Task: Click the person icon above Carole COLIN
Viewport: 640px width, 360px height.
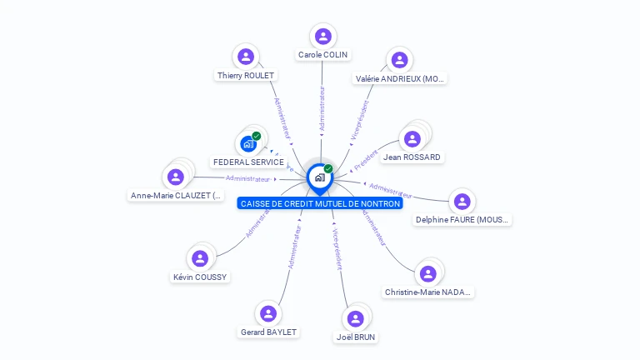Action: click(x=323, y=37)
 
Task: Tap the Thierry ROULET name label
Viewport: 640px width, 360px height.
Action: click(x=246, y=75)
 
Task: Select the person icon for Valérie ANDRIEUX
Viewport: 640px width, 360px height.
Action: click(x=399, y=60)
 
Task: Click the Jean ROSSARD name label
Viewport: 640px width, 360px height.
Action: click(x=412, y=157)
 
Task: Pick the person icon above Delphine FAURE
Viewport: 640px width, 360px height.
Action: click(x=462, y=202)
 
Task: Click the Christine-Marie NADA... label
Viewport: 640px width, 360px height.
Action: click(x=428, y=292)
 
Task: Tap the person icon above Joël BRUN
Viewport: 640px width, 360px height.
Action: click(x=356, y=319)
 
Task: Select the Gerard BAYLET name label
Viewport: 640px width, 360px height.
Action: click(x=268, y=332)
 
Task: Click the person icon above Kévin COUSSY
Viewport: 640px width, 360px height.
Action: click(x=199, y=258)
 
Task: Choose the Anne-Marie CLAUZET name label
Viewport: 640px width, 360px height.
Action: click(x=176, y=196)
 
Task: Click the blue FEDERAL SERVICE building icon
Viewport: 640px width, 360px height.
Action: click(x=248, y=143)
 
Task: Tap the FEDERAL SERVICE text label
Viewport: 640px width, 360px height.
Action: click(x=248, y=162)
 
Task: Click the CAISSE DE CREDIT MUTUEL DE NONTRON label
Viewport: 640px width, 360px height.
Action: click(x=320, y=203)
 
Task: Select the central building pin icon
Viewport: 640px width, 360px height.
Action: click(x=319, y=177)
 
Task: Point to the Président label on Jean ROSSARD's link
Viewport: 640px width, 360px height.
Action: click(x=367, y=159)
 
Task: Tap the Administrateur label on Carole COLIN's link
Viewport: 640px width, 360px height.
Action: click(x=322, y=108)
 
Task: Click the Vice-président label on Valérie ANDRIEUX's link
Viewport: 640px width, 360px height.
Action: click(x=360, y=119)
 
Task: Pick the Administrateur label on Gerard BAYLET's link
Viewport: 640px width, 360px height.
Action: click(x=293, y=247)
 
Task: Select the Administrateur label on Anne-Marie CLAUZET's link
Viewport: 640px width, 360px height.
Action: click(x=248, y=178)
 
